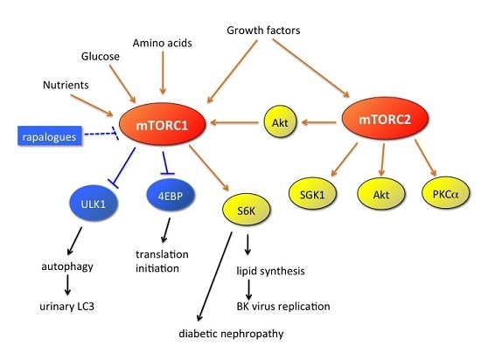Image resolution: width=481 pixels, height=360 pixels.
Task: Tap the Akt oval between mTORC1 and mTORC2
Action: (267, 123)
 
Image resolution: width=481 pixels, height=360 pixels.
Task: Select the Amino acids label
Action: (161, 42)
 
